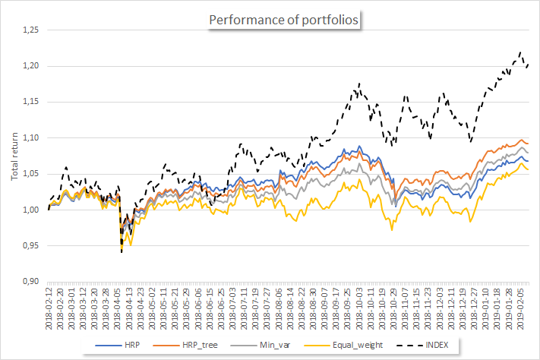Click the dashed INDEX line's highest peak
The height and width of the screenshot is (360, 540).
(520, 52)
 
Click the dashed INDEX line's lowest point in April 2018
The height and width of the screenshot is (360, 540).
(122, 251)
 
